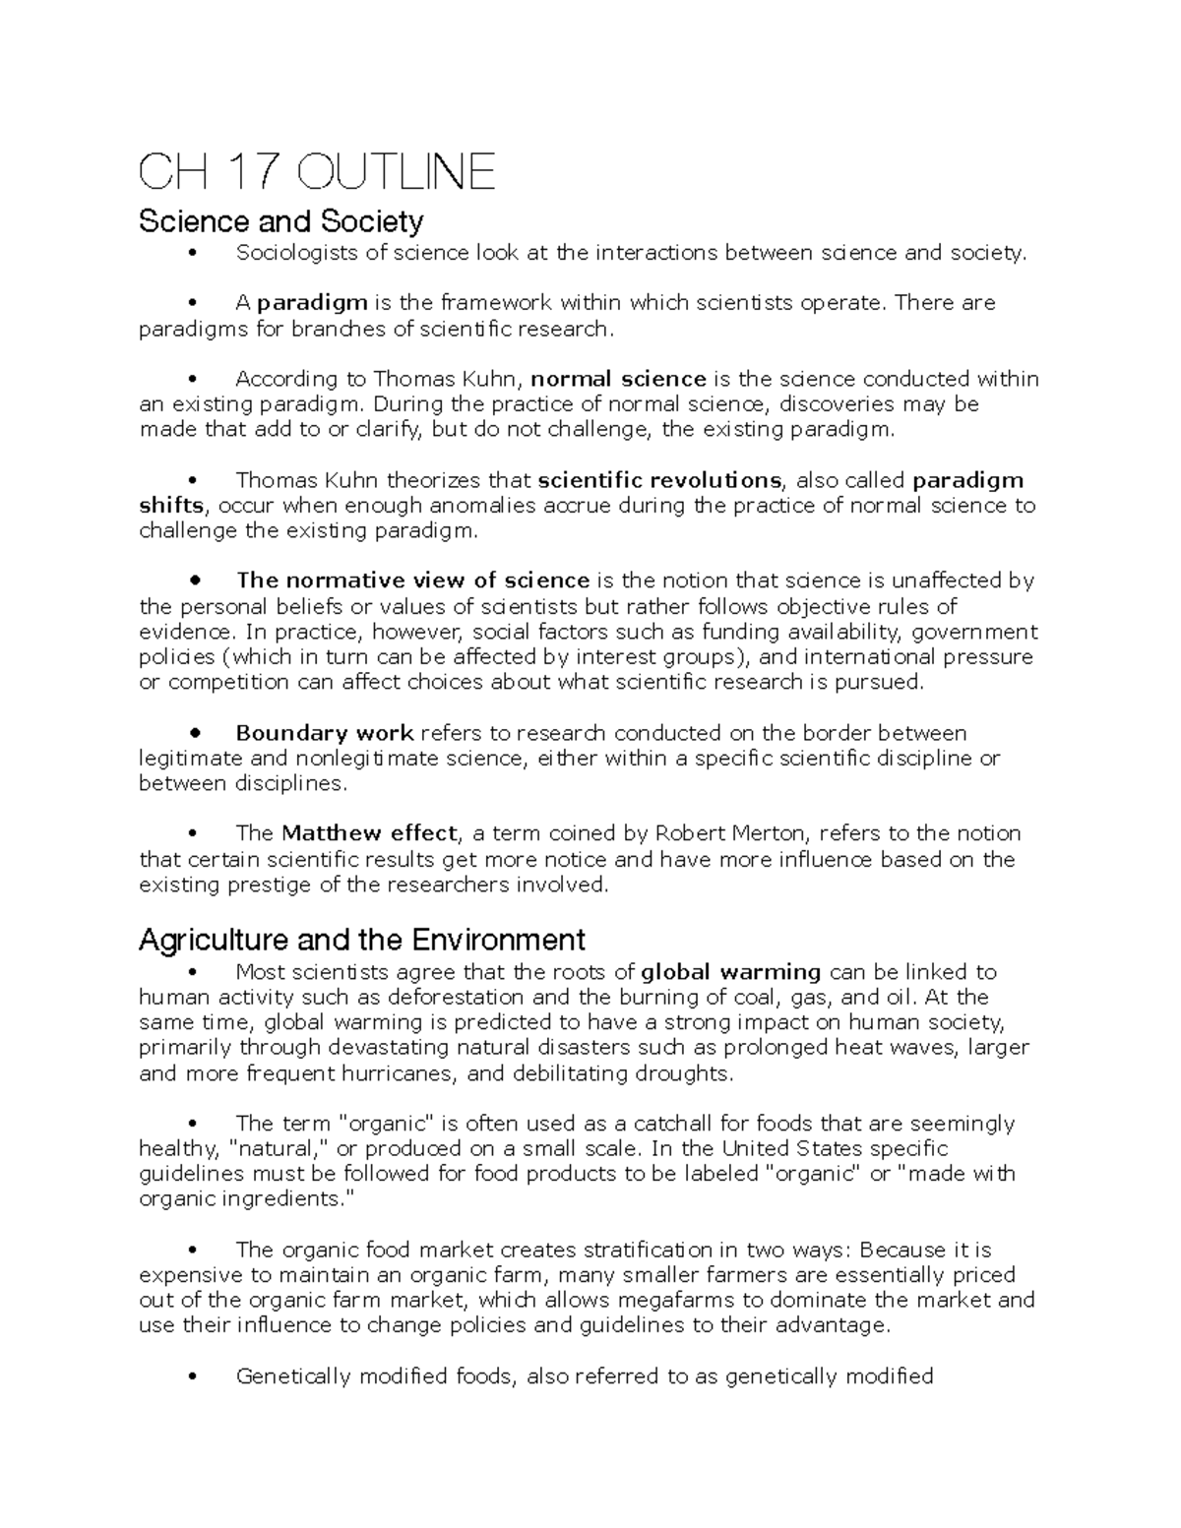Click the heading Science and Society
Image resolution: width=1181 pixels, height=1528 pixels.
(280, 221)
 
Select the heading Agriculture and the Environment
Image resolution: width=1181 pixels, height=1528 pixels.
(361, 940)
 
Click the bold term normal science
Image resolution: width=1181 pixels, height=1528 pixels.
(618, 379)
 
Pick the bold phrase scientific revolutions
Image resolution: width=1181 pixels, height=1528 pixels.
(659, 480)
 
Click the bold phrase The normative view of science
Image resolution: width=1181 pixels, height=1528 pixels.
(412, 581)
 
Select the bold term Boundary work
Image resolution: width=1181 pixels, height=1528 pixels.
(325, 733)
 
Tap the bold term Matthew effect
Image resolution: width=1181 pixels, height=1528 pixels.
(369, 833)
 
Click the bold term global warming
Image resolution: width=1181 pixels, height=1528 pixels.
(730, 972)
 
